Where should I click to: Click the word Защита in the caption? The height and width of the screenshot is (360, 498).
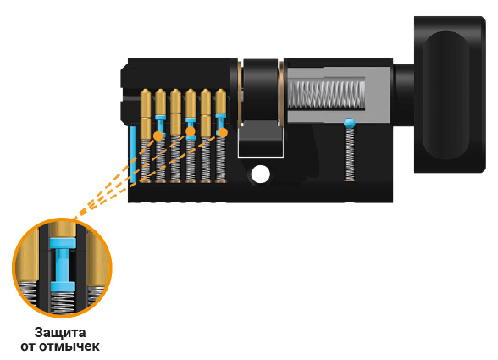(60, 333)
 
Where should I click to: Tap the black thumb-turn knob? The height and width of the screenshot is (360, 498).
(450, 95)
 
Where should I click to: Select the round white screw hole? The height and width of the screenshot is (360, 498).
(261, 174)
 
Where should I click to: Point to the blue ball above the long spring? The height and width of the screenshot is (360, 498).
(349, 123)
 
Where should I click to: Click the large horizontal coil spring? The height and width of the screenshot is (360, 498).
(327, 94)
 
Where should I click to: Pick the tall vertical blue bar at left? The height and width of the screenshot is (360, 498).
(133, 155)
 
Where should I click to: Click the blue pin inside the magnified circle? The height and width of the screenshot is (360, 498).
(63, 264)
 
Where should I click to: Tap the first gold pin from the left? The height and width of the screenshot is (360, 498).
(146, 114)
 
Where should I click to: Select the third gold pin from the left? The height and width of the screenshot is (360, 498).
(175, 112)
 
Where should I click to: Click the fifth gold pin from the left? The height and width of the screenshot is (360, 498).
(206, 114)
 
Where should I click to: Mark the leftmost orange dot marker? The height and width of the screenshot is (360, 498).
(158, 136)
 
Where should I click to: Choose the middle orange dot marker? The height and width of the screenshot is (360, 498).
(190, 131)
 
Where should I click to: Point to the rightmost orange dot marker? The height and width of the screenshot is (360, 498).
(223, 132)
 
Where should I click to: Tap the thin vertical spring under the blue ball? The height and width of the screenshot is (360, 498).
(349, 155)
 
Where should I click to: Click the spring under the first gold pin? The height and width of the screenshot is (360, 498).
(146, 161)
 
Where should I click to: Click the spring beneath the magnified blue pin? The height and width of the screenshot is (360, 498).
(63, 302)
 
